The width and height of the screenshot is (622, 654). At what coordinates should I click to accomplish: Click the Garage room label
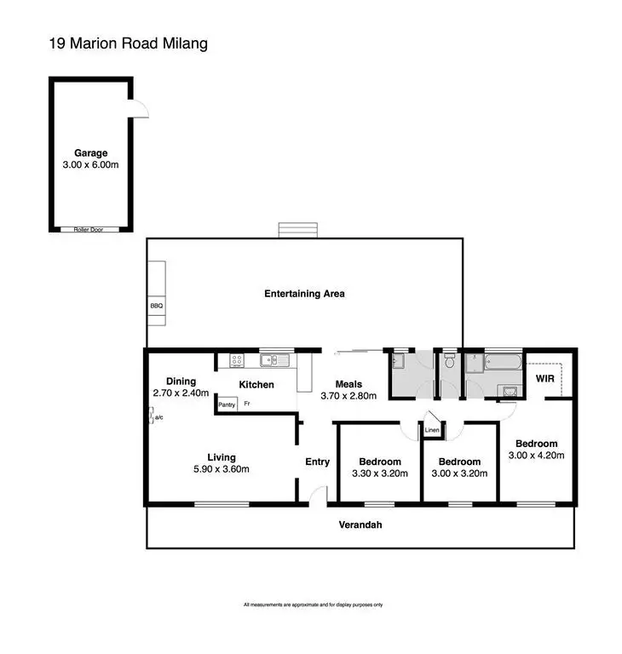coord(89,153)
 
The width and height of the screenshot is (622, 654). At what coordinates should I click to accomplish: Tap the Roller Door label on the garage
coord(89,229)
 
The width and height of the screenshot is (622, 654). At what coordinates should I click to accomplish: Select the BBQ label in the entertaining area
coord(156,305)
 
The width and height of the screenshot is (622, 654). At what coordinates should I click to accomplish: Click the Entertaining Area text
coord(304,294)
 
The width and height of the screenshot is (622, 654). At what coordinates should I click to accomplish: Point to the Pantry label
coord(227,404)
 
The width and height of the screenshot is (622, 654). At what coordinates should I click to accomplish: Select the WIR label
coord(545,377)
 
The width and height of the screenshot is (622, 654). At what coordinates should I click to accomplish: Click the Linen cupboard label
coord(432,431)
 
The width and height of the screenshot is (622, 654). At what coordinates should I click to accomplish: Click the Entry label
coord(317,462)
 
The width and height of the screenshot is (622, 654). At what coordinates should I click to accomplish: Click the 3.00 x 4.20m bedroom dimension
coord(536,456)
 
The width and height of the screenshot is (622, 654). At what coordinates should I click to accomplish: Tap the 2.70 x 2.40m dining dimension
coord(181,393)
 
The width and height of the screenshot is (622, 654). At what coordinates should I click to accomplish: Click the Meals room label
coord(348,384)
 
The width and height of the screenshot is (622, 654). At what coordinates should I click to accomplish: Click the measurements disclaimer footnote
coord(313,605)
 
